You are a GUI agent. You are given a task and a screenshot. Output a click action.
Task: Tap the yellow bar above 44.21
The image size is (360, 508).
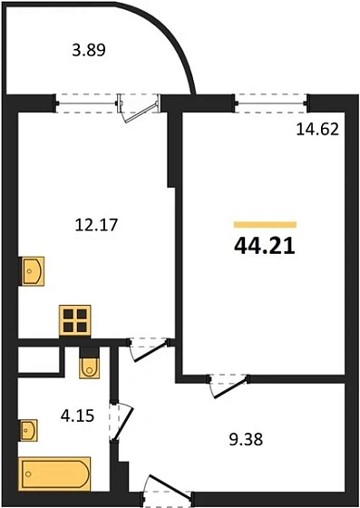tap(265, 223)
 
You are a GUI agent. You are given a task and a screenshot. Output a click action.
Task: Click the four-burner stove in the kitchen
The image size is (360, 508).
tap(75, 319)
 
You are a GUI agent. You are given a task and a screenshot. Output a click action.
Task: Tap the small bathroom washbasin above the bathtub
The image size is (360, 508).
tap(30, 427)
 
